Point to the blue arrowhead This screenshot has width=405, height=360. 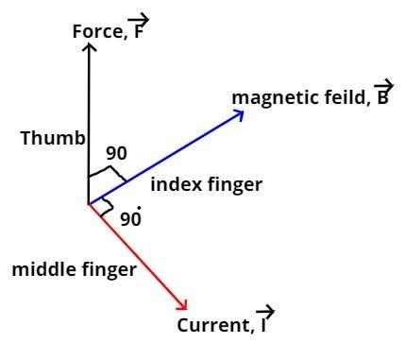[x=239, y=114]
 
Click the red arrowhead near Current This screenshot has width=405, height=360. [x=184, y=305]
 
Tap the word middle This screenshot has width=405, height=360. [x=42, y=270]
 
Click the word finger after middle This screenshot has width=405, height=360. [x=108, y=271]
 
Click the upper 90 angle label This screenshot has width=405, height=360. [x=116, y=153]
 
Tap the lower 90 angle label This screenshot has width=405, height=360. [x=130, y=219]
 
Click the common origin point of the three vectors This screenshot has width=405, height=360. [x=88, y=203]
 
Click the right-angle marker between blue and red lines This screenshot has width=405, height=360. [x=105, y=207]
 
